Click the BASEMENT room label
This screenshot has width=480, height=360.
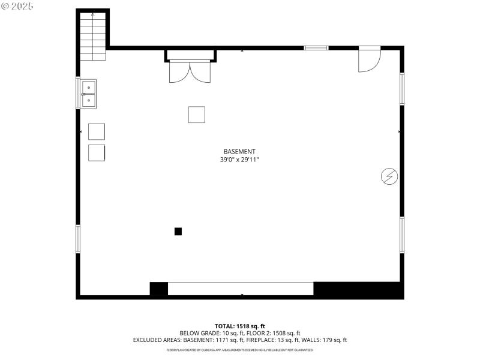tap(239, 151)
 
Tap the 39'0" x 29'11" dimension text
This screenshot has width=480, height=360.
tap(239, 160)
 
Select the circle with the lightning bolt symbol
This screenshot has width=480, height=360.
tap(389, 176)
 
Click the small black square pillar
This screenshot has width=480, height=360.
tap(178, 231)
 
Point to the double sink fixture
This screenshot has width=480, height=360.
tap(89, 94)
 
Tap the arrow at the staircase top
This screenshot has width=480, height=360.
tap(93, 14)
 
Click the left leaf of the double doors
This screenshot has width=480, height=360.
tap(179, 71)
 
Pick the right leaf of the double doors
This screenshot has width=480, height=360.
tap(200, 71)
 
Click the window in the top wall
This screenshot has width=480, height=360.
tap(316, 47)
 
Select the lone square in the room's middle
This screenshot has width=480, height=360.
tap(197, 115)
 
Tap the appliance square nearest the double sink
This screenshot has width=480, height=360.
tap(97, 131)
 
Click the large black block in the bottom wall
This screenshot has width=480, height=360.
tap(358, 289)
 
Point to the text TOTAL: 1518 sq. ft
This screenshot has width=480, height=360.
tap(239, 326)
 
